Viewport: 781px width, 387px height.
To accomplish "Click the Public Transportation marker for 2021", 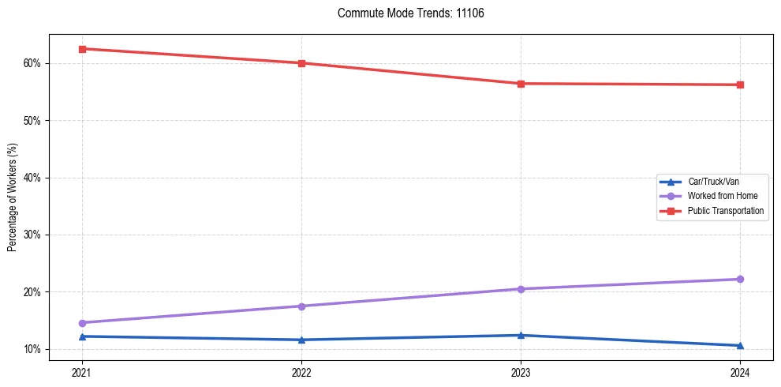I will [82, 49].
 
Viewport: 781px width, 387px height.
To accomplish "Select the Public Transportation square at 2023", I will [521, 84].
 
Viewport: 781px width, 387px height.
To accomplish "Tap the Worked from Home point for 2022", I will [301, 306].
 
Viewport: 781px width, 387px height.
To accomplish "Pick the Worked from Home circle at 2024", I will [740, 279].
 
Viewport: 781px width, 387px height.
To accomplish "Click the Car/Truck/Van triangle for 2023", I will [521, 335].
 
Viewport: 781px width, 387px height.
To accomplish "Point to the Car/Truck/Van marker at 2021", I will [82, 336].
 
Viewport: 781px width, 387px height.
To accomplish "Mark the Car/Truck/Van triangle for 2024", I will [740, 345].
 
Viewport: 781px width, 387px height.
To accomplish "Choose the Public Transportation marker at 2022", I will [301, 63].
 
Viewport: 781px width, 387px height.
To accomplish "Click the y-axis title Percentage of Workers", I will [12, 197].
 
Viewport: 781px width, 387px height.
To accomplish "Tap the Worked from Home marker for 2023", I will [521, 289].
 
